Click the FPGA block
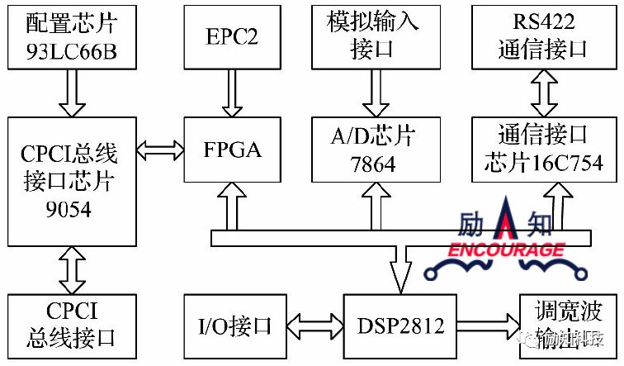coord(234,150)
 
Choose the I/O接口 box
coord(235,326)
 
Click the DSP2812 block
coord(402,326)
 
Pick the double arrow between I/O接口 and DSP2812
coord(314,326)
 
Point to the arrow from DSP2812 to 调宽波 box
coord(489,326)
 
